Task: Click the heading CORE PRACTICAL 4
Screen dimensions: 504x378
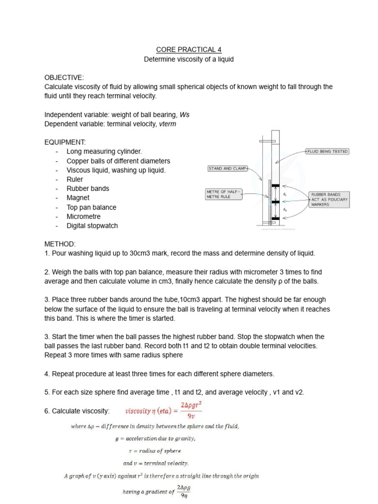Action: coord(189,50)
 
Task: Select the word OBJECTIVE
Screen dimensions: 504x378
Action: coord(64,77)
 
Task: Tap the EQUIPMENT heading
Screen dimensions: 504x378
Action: coord(65,142)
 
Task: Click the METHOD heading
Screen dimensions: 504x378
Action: coord(60,244)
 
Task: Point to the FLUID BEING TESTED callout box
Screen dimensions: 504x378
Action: coord(327,152)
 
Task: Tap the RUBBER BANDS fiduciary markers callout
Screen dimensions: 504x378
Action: coord(329,199)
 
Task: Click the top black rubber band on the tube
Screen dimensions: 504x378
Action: coord(276,186)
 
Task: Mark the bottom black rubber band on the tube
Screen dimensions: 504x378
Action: coord(276,218)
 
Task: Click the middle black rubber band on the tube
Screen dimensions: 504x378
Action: coord(276,202)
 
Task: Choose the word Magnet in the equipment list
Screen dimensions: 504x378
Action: coord(78,198)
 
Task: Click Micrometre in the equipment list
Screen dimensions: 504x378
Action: coord(84,217)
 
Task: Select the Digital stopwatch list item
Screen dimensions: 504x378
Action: coord(93,226)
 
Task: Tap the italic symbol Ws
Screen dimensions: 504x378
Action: coord(185,115)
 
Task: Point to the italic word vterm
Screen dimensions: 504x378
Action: coord(167,124)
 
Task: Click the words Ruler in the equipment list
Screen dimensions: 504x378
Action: coord(75,180)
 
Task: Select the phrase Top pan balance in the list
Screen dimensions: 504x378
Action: coord(92,207)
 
